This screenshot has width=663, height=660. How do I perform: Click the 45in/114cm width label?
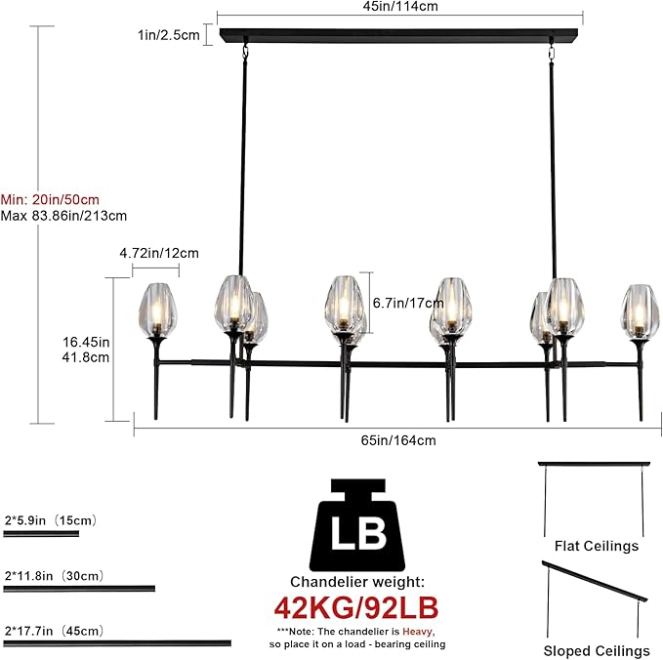point(399,6)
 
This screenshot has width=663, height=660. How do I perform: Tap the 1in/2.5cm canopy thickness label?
point(169,34)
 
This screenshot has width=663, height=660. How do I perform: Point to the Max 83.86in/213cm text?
point(63,215)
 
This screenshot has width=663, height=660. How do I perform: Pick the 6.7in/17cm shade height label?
point(402,302)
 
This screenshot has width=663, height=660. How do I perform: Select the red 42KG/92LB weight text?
point(355,606)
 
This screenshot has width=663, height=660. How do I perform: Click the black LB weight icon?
point(358,527)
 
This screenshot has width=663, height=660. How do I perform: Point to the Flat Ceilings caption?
point(596,546)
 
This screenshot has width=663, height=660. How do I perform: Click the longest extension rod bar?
point(118,643)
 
